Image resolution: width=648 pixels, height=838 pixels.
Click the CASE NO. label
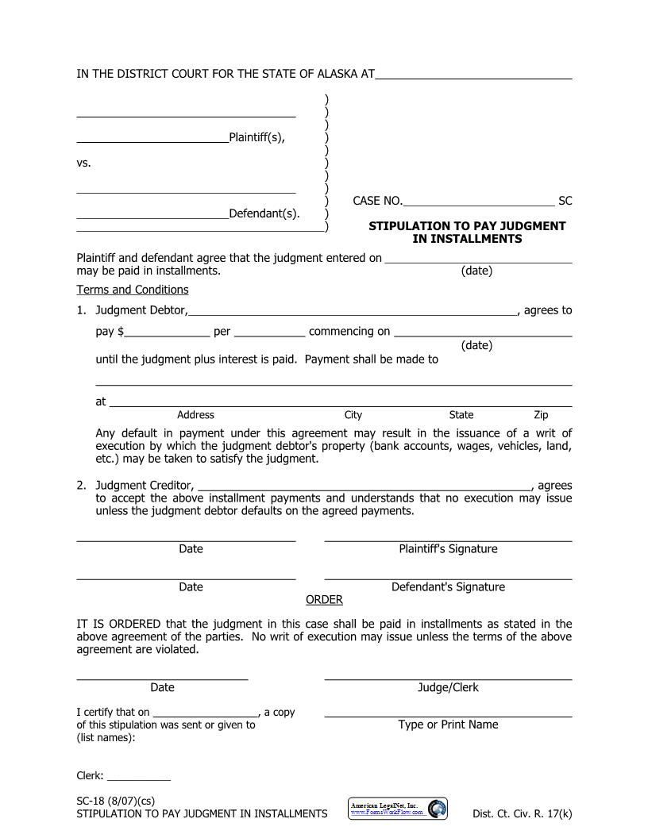(x=377, y=201)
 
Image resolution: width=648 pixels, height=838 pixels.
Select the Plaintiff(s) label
(x=256, y=137)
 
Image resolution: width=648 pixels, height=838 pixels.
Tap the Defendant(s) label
(x=264, y=213)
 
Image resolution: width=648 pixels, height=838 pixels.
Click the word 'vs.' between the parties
(x=83, y=163)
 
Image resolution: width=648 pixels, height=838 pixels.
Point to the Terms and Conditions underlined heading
(x=133, y=290)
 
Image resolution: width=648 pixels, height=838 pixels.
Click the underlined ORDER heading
(x=324, y=599)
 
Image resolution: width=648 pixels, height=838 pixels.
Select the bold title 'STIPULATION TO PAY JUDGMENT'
(x=467, y=226)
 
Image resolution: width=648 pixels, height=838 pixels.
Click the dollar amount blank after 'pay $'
(x=167, y=333)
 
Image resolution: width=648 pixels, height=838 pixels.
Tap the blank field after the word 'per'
(x=269, y=333)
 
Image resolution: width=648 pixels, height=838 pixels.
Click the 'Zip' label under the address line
(x=541, y=415)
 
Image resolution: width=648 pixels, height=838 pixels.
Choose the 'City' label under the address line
(x=353, y=415)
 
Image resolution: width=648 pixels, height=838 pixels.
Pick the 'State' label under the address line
(x=461, y=415)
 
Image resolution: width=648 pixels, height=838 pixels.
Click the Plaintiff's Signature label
(x=448, y=549)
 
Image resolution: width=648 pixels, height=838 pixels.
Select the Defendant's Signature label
(x=448, y=587)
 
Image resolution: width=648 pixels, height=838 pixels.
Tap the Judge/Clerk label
(x=448, y=687)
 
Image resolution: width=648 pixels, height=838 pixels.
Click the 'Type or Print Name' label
(x=448, y=725)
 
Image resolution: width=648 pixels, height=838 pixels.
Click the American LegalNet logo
(x=398, y=809)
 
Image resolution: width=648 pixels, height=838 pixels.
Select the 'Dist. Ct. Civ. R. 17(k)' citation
(x=522, y=813)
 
